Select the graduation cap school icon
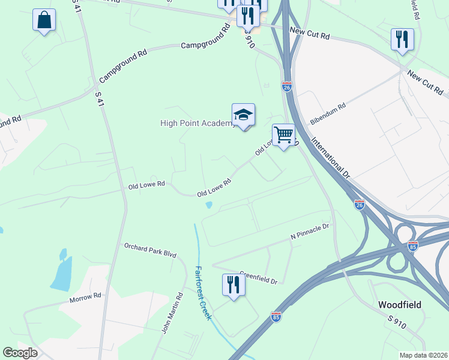(243, 115)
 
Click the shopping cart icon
(283, 135)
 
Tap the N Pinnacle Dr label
(310, 232)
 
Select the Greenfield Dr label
(258, 277)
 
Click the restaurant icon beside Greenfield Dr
(232, 284)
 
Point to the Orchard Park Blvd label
(150, 250)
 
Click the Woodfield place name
(399, 304)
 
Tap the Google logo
(20, 353)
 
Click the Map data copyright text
(424, 355)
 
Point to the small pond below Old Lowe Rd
(209, 205)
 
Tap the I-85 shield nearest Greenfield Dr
(276, 316)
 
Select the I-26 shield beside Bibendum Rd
(287, 87)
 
